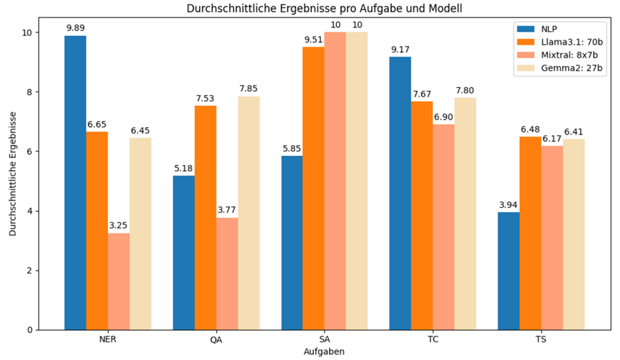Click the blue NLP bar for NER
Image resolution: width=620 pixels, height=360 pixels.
click(75, 183)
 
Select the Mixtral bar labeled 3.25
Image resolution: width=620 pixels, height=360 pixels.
click(119, 281)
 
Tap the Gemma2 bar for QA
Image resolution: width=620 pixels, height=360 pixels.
click(248, 214)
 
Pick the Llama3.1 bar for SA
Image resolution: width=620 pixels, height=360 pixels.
click(313, 189)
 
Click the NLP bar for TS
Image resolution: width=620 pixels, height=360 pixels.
click(508, 271)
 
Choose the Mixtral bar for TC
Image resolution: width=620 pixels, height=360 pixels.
click(443, 227)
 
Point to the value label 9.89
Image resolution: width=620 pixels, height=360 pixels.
click(76, 28)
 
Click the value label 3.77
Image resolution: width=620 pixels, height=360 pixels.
click(227, 210)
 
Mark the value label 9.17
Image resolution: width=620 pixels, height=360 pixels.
click(400, 50)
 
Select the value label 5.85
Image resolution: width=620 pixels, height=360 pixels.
click(292, 149)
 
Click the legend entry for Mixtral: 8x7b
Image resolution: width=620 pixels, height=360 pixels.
click(557, 55)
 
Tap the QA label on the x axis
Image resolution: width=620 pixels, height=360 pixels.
click(217, 339)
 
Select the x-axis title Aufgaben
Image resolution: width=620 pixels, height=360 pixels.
click(324, 351)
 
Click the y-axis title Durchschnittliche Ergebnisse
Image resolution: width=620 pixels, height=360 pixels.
click(13, 174)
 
